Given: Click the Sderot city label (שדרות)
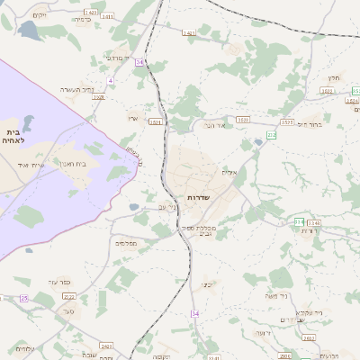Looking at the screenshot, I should click(198, 196).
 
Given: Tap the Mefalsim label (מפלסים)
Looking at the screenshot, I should click(125, 243).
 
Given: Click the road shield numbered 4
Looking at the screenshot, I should click(111, 80).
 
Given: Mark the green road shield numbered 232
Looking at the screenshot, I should click(272, 135).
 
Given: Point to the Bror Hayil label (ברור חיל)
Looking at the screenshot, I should click(308, 124).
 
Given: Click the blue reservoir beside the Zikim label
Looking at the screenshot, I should click(28, 30).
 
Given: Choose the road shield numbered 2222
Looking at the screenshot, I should click(69, 295).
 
